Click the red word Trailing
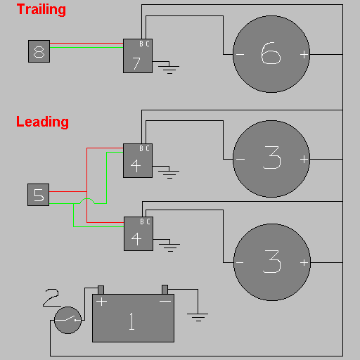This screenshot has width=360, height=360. click(x=41, y=10)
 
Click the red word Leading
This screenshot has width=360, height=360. click(x=42, y=122)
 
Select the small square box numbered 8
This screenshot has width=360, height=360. click(x=39, y=51)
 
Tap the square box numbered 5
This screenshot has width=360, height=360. click(x=39, y=195)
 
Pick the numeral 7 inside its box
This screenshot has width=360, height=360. click(x=136, y=63)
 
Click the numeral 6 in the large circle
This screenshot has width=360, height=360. click(x=271, y=53)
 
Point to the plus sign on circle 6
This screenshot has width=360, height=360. click(x=304, y=55)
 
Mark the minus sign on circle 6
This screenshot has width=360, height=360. click(x=240, y=55)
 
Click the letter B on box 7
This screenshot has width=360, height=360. click(x=141, y=44)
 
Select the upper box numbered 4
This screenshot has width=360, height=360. click(x=138, y=160)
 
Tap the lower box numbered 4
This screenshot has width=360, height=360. click(x=139, y=233)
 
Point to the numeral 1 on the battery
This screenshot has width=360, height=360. click(x=132, y=321)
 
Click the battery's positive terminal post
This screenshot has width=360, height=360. click(x=101, y=290)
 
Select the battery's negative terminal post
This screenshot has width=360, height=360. click(x=165, y=290)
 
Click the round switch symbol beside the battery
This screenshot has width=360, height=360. click(x=67, y=320)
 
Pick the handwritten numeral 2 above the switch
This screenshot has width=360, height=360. click(x=51, y=297)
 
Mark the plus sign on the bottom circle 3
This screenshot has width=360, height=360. click(x=304, y=262)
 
